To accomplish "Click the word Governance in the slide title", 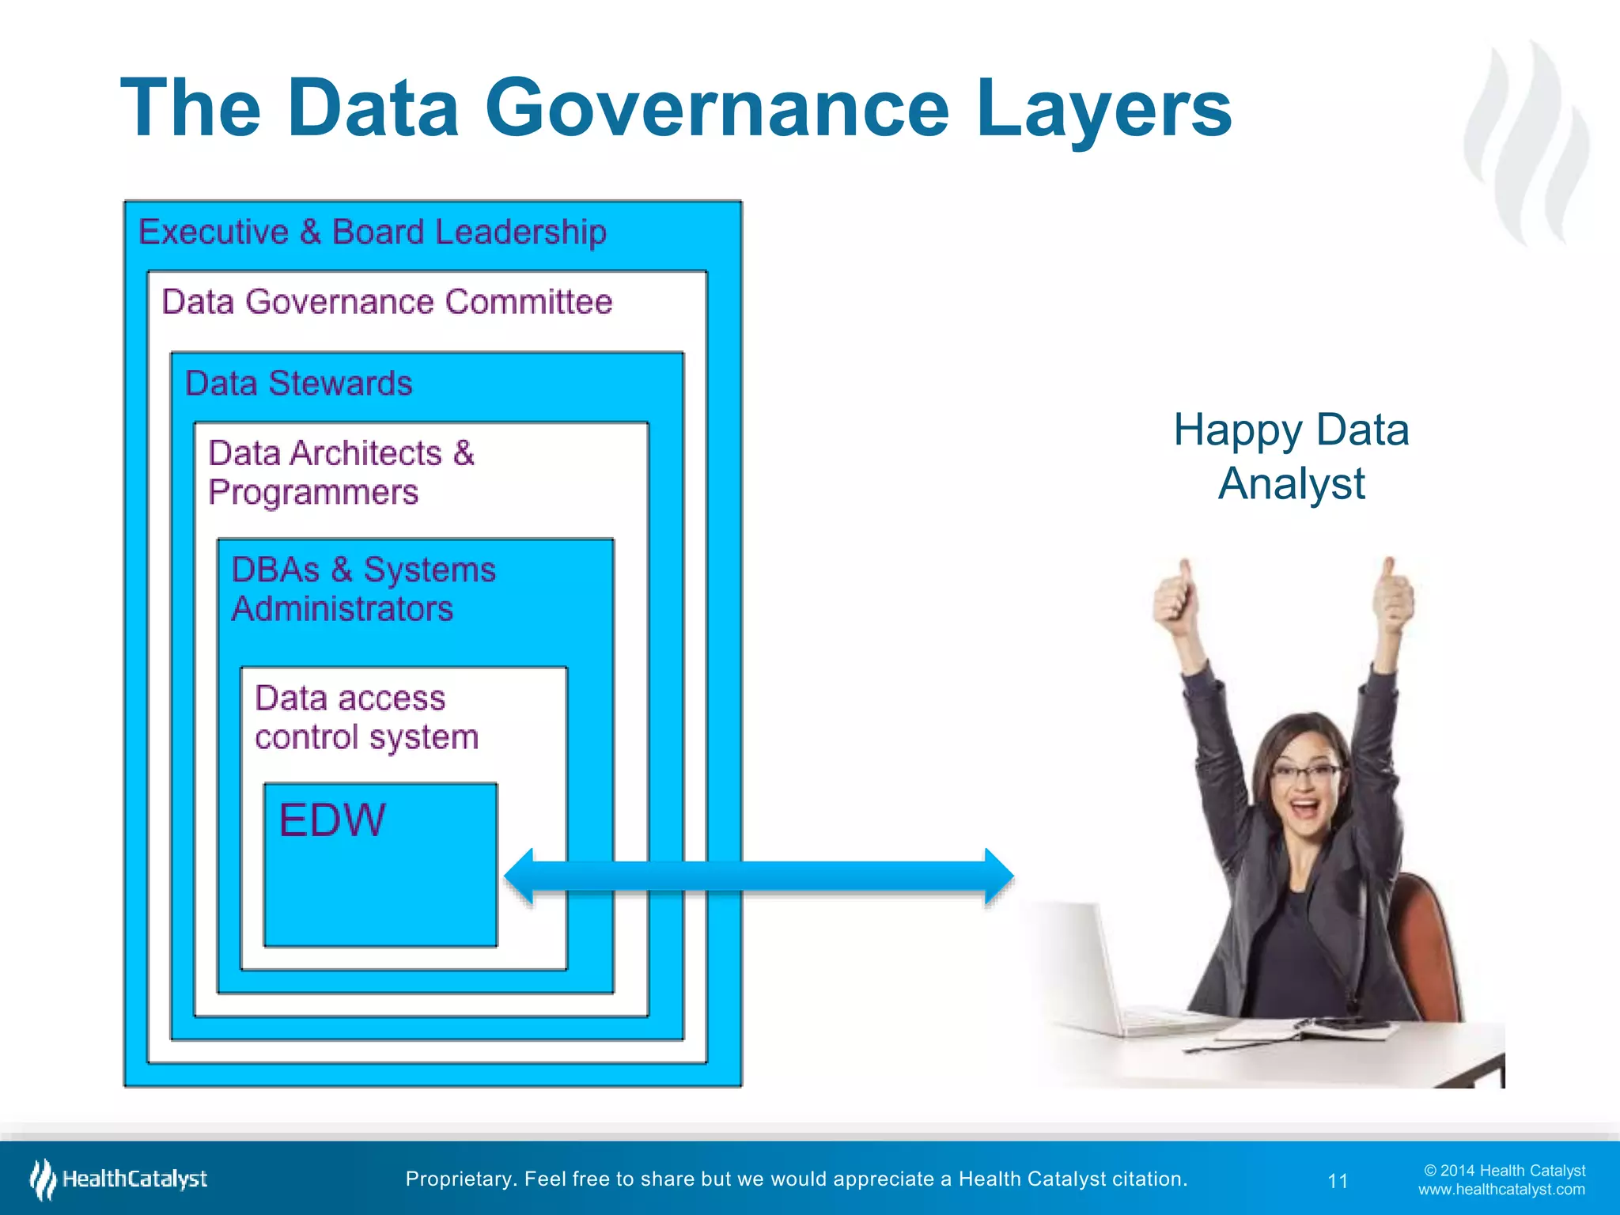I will coord(716,109).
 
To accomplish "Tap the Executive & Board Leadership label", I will coord(373,233).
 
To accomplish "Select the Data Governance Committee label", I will coord(387,302).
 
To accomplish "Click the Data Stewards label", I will coord(298,384).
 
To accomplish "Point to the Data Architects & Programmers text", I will coord(340,472).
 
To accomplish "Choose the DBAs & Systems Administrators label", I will coord(363,589).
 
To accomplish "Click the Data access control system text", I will coord(366,717).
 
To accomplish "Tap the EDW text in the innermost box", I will coord(332,819).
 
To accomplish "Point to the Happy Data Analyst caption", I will coord(1291,456).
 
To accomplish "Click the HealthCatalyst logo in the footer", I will coord(119,1179).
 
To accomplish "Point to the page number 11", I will coord(1338,1181).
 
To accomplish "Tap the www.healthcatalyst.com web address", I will coord(1501,1190).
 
